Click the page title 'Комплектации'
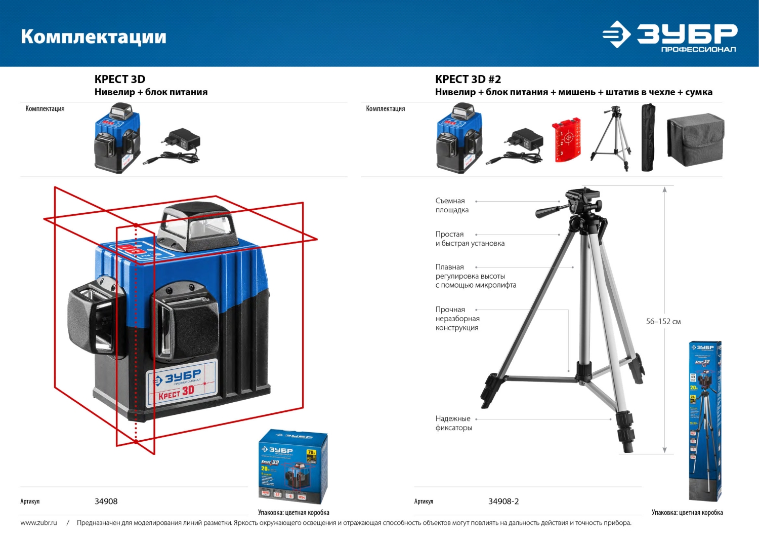[x=94, y=37]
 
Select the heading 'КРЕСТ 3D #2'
[x=468, y=79]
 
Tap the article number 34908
[x=106, y=501]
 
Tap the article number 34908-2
[x=503, y=501]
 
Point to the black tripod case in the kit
[x=648, y=137]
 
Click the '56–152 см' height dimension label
[x=663, y=321]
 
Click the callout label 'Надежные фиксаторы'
[x=453, y=423]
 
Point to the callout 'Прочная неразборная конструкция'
[x=457, y=318]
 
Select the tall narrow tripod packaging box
[x=704, y=420]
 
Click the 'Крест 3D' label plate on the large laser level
[x=181, y=383]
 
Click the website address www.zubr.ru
[x=38, y=522]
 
